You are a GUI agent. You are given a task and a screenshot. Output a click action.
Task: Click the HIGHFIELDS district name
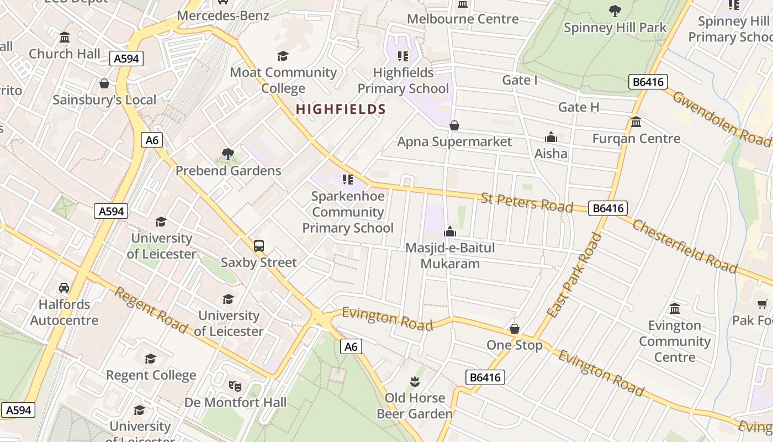[341, 109]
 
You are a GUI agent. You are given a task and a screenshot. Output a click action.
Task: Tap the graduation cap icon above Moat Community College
[283, 56]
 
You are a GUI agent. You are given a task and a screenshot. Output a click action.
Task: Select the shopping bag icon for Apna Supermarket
[454, 125]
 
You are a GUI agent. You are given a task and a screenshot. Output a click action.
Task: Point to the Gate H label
[579, 107]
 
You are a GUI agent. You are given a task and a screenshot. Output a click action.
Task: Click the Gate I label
[520, 80]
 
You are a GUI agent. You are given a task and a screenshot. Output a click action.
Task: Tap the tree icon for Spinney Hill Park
[615, 11]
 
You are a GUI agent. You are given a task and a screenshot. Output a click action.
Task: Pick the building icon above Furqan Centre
[636, 122]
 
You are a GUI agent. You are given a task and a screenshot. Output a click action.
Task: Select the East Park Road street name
[574, 275]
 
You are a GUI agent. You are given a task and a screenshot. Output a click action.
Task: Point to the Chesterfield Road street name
[685, 246]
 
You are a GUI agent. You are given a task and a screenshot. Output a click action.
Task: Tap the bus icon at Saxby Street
[259, 246]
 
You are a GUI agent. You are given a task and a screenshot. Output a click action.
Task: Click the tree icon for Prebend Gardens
[227, 154]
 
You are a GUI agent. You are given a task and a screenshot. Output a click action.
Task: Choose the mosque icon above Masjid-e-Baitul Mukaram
[450, 231]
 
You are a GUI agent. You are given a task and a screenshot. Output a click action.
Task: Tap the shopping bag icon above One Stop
[515, 329]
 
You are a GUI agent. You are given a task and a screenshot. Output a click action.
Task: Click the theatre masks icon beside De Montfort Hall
[235, 386]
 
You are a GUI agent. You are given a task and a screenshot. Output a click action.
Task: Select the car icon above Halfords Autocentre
[64, 288]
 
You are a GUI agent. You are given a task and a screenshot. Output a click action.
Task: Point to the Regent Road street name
[151, 310]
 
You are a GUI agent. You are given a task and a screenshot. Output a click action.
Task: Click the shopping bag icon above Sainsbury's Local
[104, 83]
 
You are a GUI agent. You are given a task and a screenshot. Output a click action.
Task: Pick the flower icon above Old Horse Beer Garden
[414, 381]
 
